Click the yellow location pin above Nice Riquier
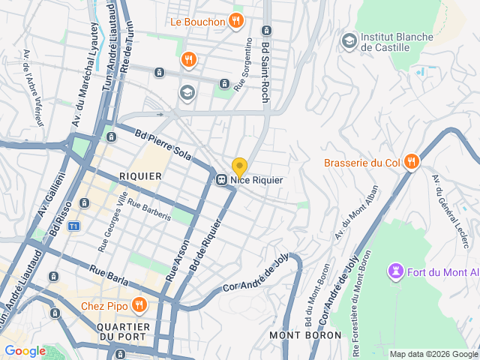coord(239,166)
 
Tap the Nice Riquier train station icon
coord(222,180)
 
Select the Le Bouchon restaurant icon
coord(235,21)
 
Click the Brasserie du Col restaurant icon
coord(411,162)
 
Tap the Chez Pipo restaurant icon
coord(138,304)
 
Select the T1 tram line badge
coord(73,226)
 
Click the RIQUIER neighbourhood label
coord(140,176)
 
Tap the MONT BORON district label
coord(296,334)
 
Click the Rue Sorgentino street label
coord(244,64)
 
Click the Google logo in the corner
coord(25,350)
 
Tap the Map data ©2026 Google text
coord(433,354)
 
